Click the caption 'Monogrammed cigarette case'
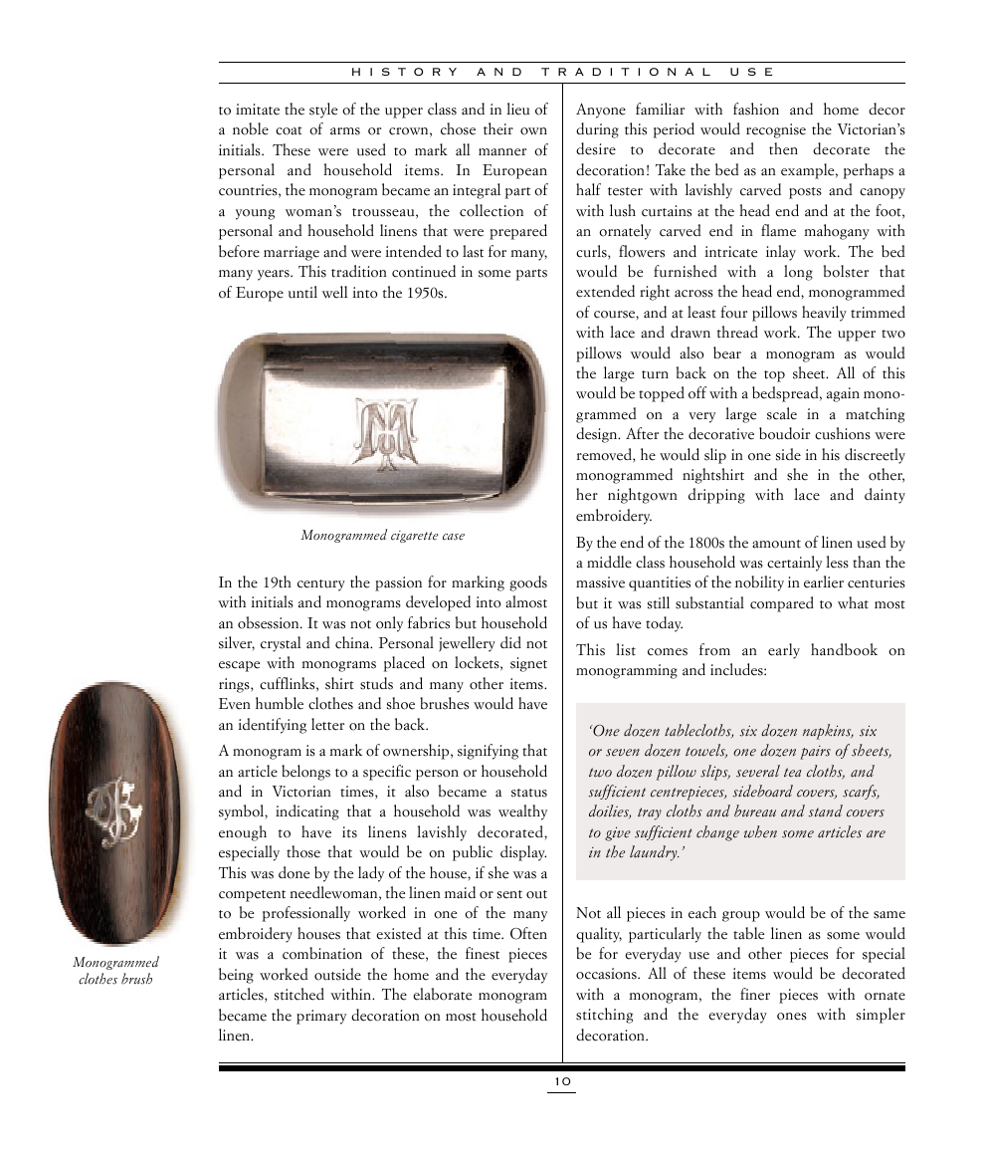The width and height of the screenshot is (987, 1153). pos(382,536)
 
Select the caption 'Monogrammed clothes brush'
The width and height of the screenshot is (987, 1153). pos(115,971)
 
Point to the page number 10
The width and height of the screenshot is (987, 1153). pos(562,1082)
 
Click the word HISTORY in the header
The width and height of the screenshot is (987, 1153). pos(406,73)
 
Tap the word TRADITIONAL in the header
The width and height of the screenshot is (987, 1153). pos(627,73)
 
